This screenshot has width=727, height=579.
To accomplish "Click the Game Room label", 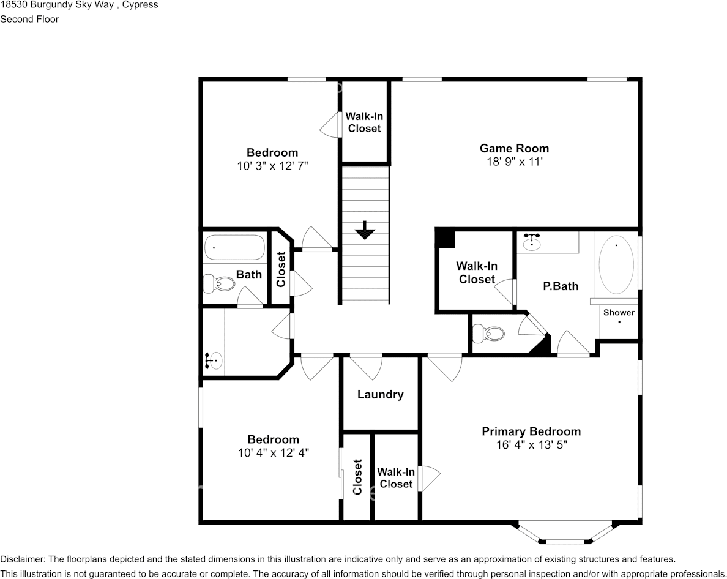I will (x=514, y=148).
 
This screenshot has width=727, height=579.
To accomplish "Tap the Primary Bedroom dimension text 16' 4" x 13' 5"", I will (x=531, y=446).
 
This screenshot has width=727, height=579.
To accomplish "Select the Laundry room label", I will (x=380, y=395).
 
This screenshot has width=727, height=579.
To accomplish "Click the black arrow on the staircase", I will (x=365, y=230).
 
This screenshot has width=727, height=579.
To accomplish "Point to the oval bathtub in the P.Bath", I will (x=616, y=267).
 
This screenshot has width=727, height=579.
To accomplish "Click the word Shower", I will (x=619, y=312).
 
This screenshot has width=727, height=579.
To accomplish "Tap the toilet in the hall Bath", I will (x=220, y=284).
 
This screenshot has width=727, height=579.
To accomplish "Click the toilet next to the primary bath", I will (x=490, y=334).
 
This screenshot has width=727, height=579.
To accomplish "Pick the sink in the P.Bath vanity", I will (x=532, y=242).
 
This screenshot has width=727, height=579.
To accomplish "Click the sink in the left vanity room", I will (x=214, y=360).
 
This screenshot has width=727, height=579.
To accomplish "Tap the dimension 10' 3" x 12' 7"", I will (x=272, y=166).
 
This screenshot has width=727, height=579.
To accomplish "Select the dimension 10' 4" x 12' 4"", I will (x=274, y=453).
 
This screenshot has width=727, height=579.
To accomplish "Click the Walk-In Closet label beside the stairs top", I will (x=364, y=122).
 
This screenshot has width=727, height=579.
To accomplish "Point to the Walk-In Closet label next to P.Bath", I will (x=477, y=273).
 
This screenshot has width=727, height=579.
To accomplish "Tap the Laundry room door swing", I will (x=366, y=367).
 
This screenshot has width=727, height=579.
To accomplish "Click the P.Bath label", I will (x=561, y=286).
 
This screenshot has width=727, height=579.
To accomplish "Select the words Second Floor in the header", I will (x=29, y=19).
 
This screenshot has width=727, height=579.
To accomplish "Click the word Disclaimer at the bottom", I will (x=23, y=559).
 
